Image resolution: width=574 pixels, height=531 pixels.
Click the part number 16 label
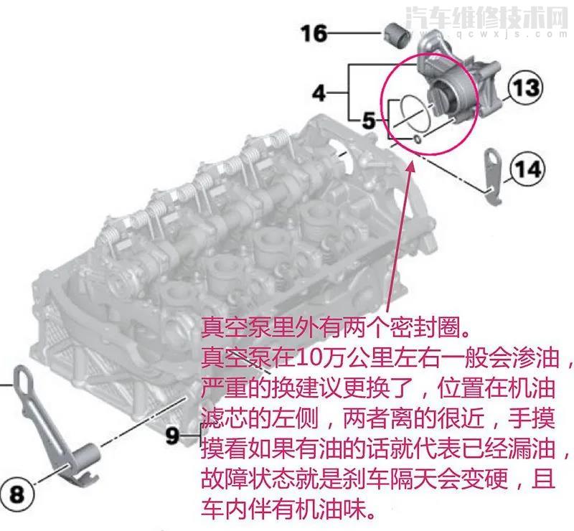click(314, 33)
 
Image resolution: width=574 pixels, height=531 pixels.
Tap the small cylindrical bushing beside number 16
click(395, 34)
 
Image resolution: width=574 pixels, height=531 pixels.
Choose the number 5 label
click(369, 121)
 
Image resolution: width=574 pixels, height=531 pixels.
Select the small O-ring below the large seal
click(417, 138)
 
